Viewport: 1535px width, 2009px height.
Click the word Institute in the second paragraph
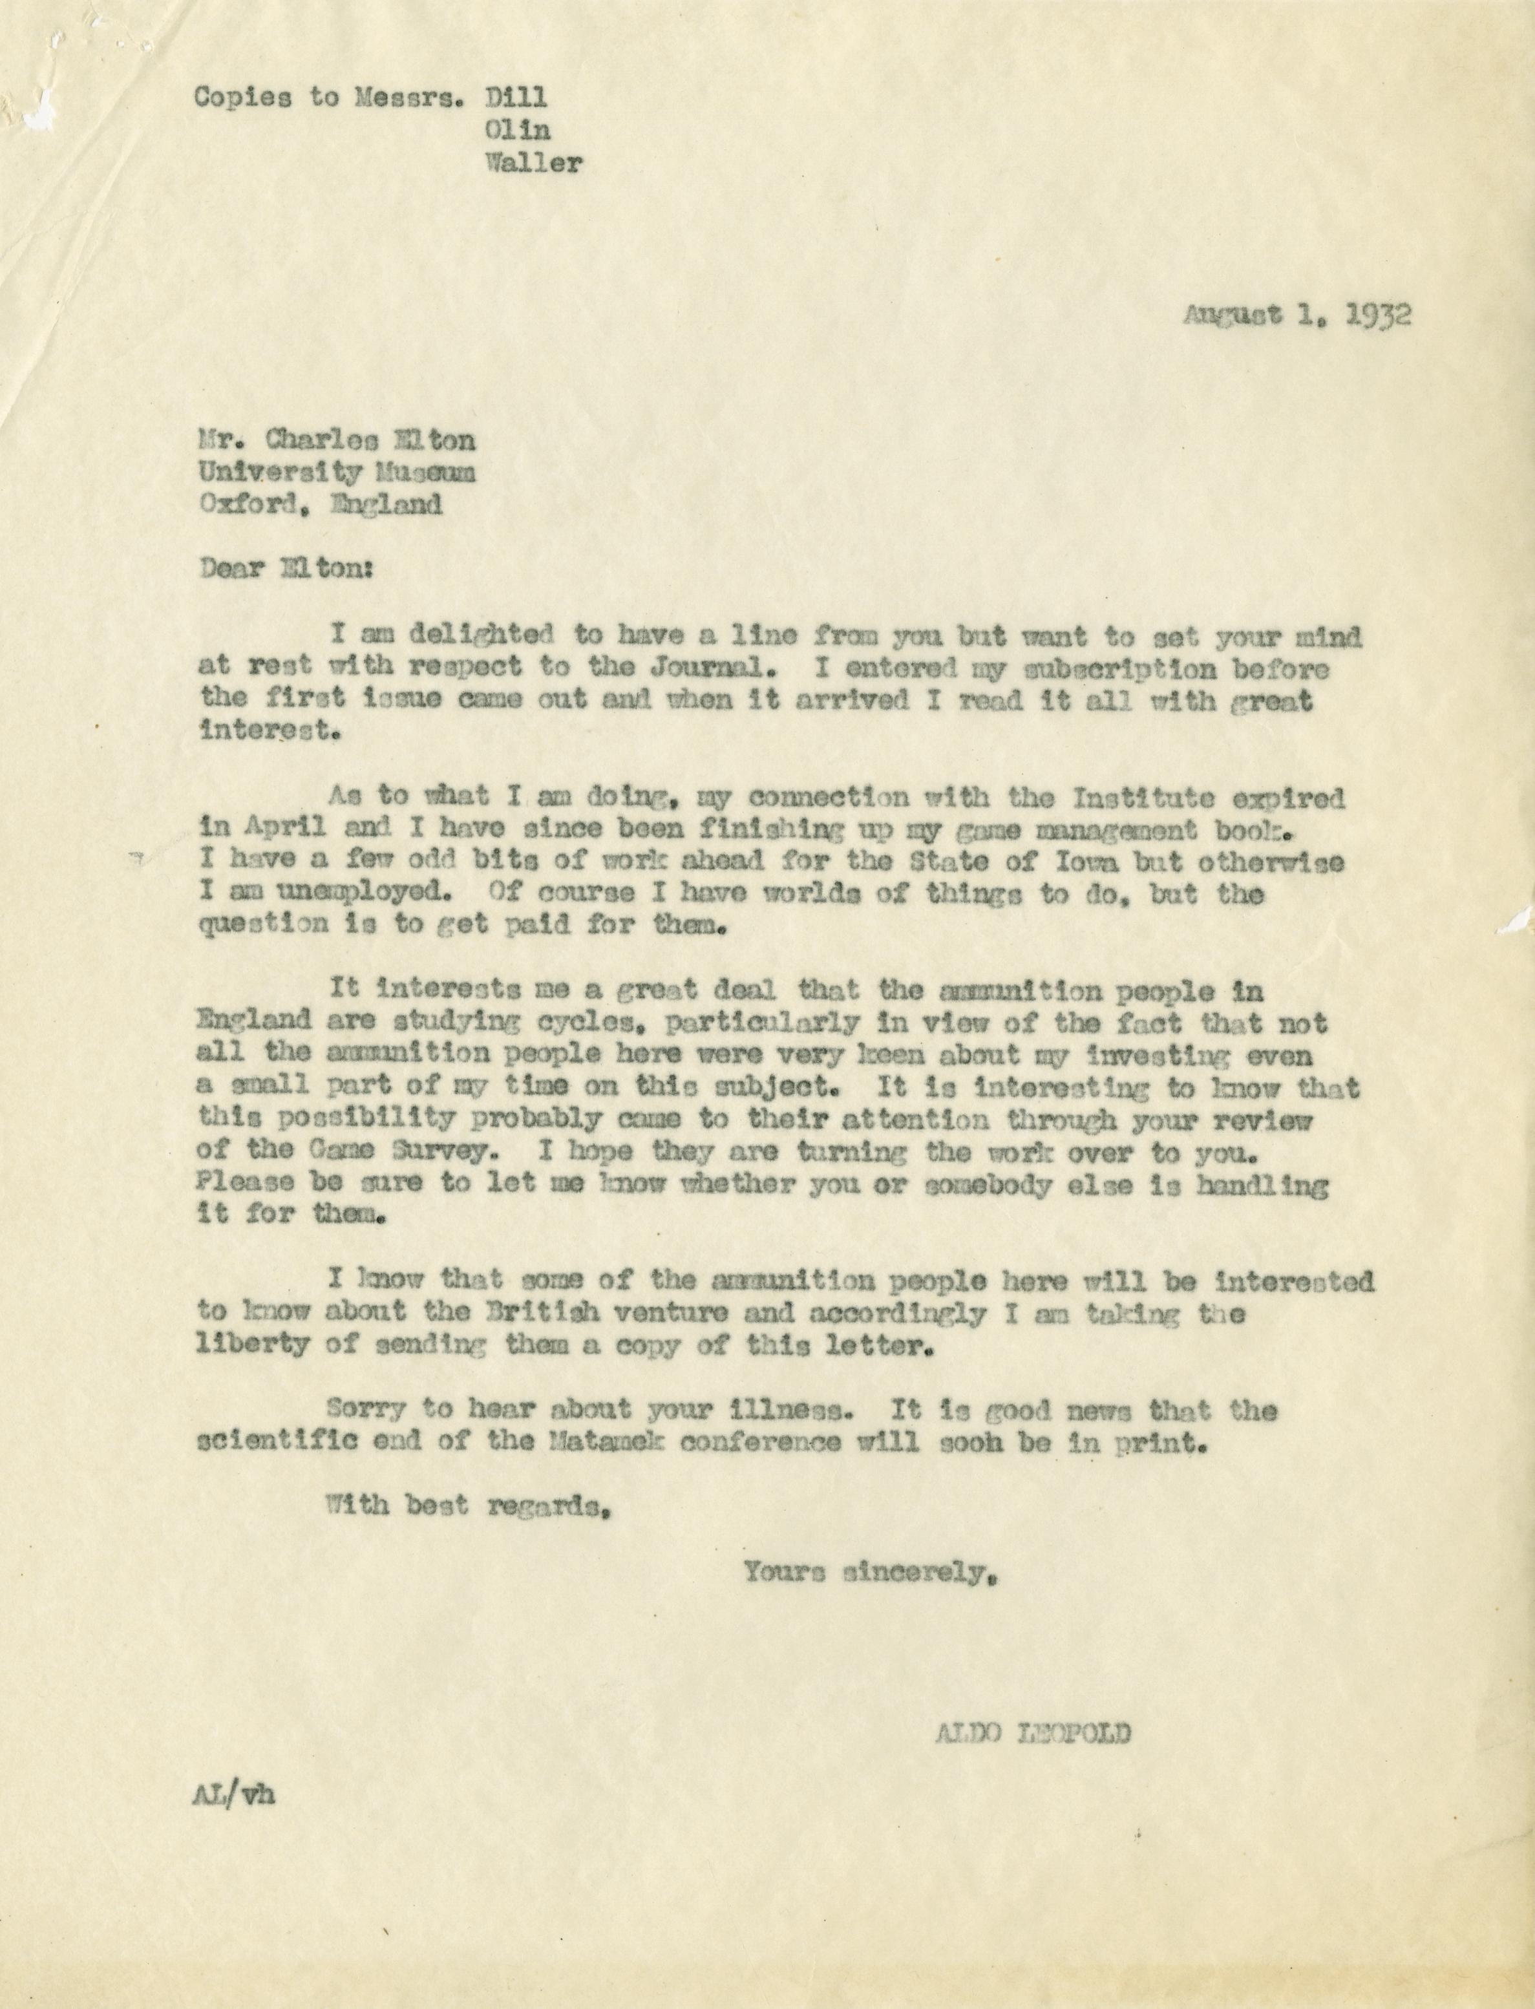[1134, 798]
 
